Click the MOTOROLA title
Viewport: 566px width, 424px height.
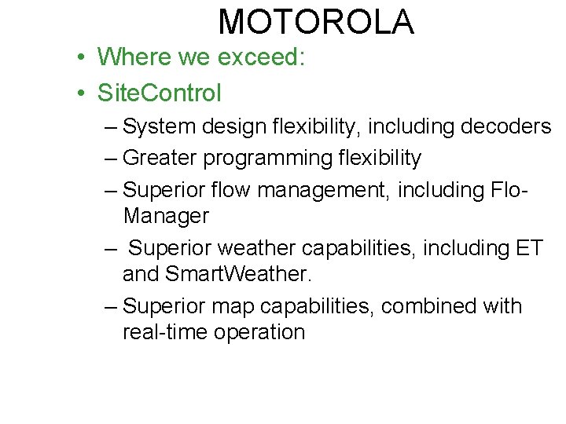coord(316,22)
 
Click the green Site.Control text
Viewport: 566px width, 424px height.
coord(160,93)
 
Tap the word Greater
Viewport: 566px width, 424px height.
coord(160,158)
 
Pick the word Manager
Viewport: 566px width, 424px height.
coord(166,215)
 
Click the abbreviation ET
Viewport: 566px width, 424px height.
coord(529,248)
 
